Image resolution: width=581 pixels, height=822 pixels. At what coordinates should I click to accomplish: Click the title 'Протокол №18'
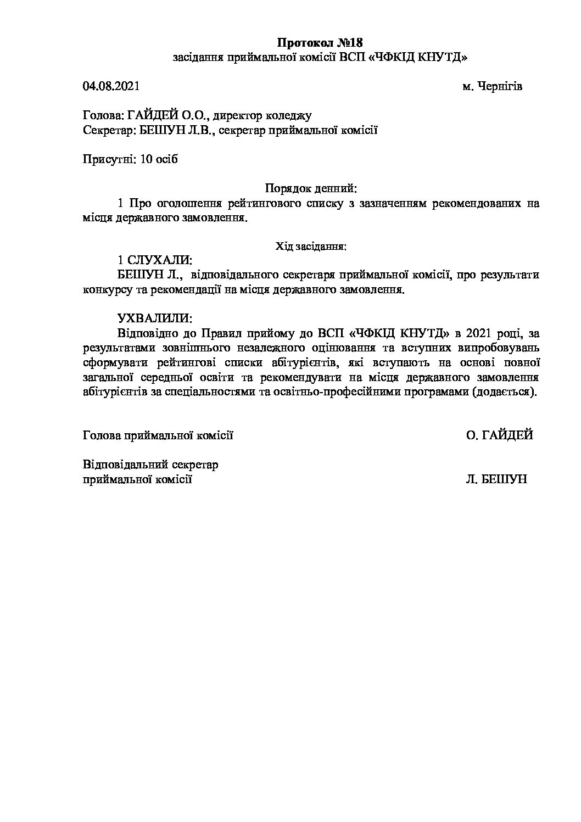320,43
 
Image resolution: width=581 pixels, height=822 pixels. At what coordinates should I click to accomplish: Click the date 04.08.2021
111,86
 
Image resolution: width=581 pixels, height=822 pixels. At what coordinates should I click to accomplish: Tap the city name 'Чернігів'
500,86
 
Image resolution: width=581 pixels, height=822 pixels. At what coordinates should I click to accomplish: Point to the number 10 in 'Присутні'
146,159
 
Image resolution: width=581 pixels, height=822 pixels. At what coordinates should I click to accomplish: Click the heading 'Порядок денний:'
311,189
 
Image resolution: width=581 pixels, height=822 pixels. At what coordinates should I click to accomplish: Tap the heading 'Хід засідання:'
311,247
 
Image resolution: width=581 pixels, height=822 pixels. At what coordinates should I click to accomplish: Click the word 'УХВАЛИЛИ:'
155,318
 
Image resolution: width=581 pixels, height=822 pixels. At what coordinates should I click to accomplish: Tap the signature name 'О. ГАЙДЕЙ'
499,435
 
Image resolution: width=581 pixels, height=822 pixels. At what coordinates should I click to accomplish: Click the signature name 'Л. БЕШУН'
496,479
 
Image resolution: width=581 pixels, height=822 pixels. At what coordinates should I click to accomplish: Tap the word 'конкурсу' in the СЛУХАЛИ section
107,289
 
